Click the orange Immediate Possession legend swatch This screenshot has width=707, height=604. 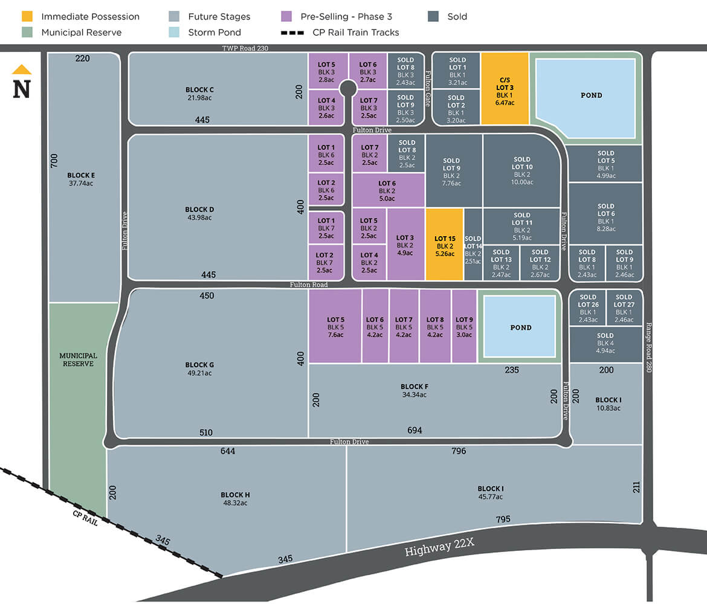tap(26, 16)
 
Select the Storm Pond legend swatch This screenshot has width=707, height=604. tap(173, 32)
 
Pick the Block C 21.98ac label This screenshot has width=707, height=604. tap(199, 94)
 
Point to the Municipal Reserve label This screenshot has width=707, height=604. tap(79, 360)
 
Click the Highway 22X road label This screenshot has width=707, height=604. tap(439, 547)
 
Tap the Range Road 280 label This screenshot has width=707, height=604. tap(649, 347)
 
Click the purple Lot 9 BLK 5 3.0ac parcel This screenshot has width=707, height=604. tap(464, 326)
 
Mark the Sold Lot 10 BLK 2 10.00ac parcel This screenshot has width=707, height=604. tap(522, 171)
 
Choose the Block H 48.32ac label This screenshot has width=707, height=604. tap(235, 498)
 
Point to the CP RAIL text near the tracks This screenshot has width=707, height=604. tap(85, 518)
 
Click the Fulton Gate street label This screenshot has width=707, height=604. tap(427, 88)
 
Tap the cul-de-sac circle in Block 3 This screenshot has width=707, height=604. tap(347, 89)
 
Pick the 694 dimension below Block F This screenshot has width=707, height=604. tap(415, 430)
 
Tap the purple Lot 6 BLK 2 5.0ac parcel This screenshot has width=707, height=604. tap(387, 190)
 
